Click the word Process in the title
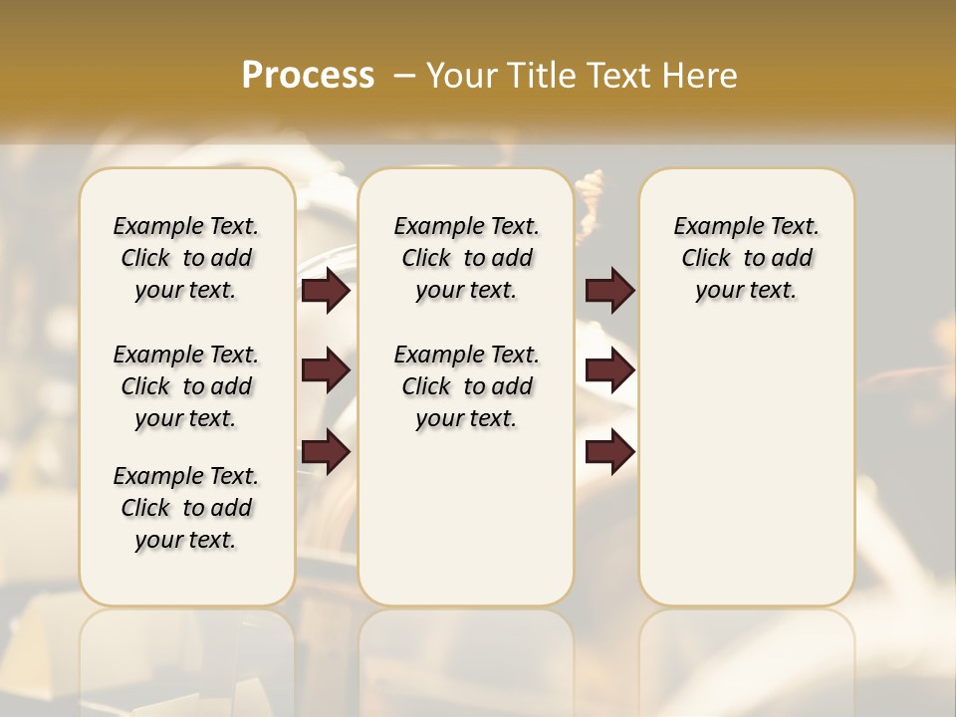[308, 76]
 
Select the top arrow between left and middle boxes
[326, 291]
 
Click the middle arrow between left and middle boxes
[326, 370]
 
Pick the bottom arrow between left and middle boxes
[326, 451]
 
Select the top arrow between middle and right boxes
[609, 291]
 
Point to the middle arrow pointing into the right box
[609, 370]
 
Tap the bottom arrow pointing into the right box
[609, 451]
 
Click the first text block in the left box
[186, 258]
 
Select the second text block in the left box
[186, 386]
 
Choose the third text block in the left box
[186, 508]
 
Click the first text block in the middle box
[466, 258]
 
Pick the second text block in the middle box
[466, 386]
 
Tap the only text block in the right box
[746, 258]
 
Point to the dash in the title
[404, 76]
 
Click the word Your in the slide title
[463, 76]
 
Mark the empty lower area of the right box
[746, 478]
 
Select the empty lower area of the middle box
[466, 518]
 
